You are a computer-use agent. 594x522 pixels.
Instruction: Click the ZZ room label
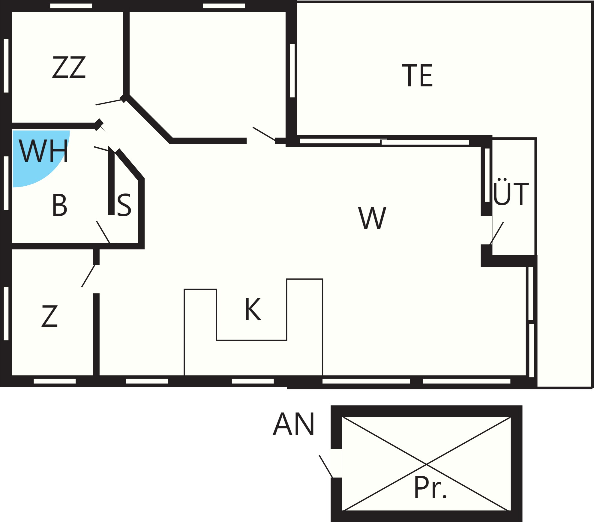click(69, 67)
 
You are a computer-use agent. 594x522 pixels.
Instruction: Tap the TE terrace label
click(417, 75)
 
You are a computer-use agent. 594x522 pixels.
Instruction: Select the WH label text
click(43, 151)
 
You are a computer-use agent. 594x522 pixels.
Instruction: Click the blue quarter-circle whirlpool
click(36, 162)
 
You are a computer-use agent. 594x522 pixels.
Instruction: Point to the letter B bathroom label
click(59, 205)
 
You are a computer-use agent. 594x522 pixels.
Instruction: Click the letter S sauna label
click(124, 205)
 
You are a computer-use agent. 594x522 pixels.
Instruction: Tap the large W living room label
click(372, 218)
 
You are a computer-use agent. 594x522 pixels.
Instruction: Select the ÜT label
click(511, 192)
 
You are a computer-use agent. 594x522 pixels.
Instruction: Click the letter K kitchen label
click(253, 309)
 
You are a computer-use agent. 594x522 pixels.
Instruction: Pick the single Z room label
click(49, 316)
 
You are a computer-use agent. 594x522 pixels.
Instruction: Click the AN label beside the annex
click(294, 424)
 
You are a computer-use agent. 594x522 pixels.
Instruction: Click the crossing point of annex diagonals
click(426, 464)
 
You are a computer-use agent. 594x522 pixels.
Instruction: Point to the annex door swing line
click(326, 466)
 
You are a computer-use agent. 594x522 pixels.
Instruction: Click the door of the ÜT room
click(496, 234)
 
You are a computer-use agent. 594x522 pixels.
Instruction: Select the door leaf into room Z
click(88, 276)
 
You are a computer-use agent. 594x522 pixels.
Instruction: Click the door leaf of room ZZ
click(109, 102)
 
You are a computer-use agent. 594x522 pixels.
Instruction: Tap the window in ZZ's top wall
click(71, 6)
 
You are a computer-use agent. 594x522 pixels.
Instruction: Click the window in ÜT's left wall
click(487, 175)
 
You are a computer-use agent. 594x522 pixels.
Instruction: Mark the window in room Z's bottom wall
click(55, 381)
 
